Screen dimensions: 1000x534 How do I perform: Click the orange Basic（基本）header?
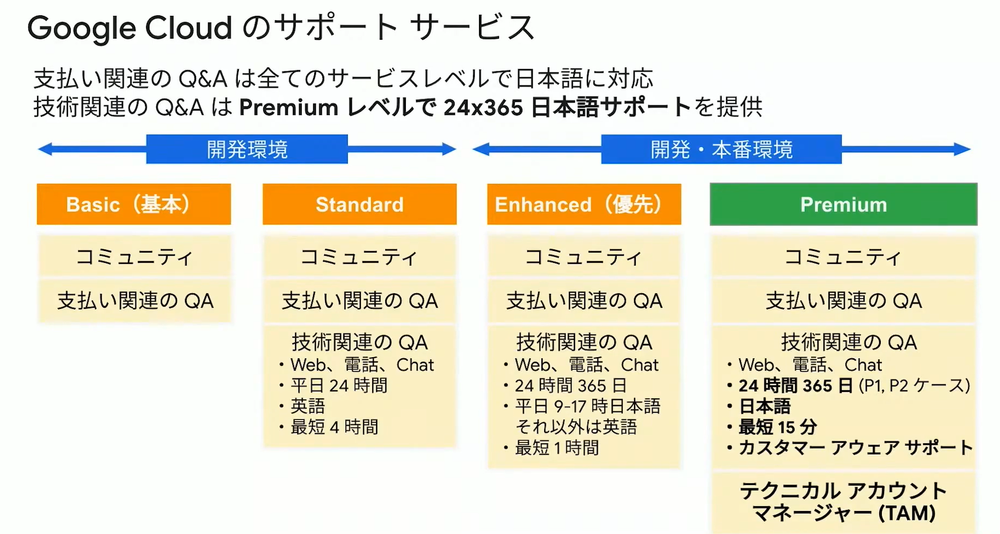coord(134,204)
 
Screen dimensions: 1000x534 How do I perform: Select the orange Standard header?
coord(360,204)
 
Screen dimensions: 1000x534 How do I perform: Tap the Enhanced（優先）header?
coord(584,204)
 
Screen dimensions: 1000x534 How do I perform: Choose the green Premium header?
coord(844,204)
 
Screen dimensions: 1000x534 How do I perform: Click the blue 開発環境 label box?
coord(247,149)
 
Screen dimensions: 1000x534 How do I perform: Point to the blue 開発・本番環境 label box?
coord(721,149)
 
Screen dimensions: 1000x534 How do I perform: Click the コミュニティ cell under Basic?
coord(134,257)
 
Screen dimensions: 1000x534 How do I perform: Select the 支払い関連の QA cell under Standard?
coord(360,301)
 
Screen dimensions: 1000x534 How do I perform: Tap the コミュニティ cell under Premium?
coord(843,257)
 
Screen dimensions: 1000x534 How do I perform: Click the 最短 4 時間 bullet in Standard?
coord(329,427)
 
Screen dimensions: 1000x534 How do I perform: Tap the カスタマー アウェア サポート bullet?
coord(849,448)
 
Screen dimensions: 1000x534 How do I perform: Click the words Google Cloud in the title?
coord(130,28)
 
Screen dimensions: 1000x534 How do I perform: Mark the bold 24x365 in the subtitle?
coord(483,107)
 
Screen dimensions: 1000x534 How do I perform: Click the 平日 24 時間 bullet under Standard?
coord(333,386)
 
